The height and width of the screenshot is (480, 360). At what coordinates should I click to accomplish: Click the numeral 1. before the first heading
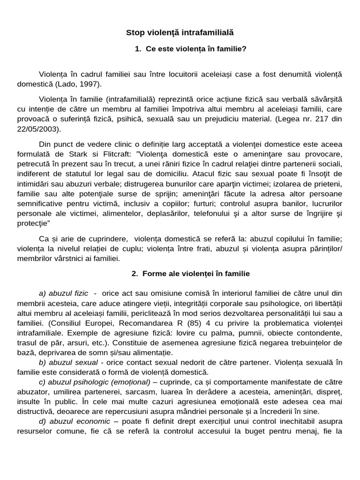[x=137, y=49]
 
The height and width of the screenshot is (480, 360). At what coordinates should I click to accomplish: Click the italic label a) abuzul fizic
[x=64, y=293]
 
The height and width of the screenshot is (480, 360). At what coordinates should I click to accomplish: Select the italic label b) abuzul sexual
[x=68, y=362]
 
